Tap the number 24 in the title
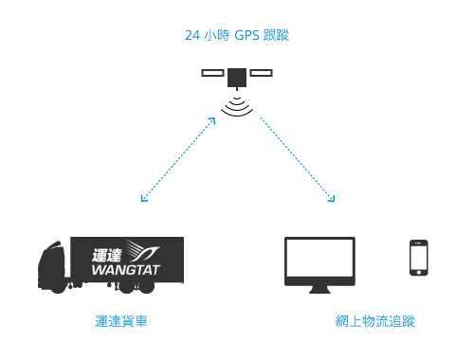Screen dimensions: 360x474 [191, 36]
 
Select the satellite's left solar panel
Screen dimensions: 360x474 [213, 73]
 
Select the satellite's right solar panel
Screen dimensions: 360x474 [260, 73]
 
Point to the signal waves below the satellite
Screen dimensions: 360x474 [237, 105]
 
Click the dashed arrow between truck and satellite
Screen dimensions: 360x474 [178, 158]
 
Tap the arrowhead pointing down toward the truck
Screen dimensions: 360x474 [143, 198]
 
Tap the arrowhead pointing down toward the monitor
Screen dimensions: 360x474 [331, 198]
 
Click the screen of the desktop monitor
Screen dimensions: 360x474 [319, 258]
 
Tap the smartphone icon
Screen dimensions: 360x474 [417, 258]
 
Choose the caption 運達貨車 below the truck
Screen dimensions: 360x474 [121, 322]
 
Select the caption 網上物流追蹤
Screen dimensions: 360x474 [375, 322]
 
